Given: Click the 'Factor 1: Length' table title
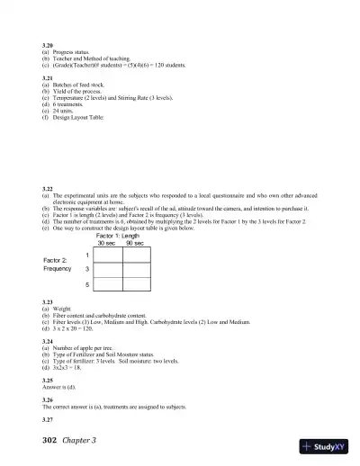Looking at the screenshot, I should coord(121,236).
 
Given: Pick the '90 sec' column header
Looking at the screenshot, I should coord(135,244).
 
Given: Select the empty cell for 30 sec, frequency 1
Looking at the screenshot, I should coord(107,255).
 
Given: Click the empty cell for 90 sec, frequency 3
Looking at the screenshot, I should coord(135,270).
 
